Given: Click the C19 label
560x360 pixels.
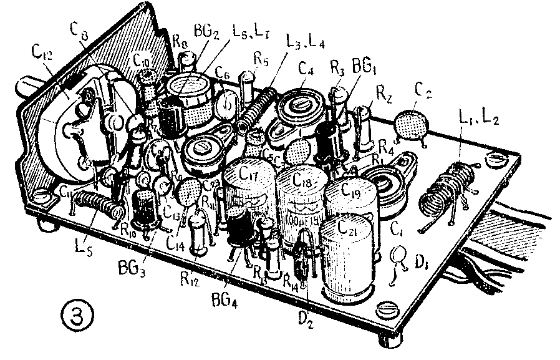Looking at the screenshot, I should click(351, 192).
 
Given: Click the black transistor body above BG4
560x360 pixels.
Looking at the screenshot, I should click(239, 228).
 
